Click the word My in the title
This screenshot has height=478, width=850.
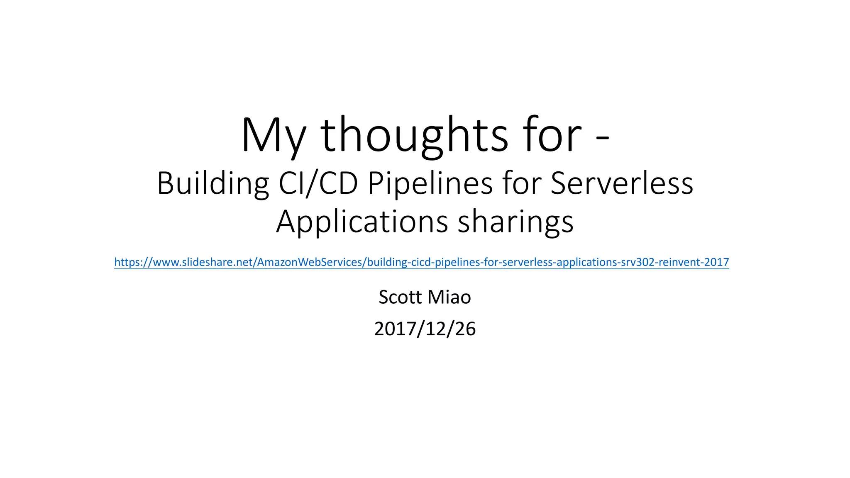point(273,136)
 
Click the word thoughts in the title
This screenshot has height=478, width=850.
point(414,136)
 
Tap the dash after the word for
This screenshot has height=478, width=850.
point(602,141)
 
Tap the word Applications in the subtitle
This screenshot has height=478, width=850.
point(362,222)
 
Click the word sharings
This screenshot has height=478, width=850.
point(515,222)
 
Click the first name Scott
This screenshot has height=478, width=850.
point(400,297)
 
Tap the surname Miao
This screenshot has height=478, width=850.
point(449,297)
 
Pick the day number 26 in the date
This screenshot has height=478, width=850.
point(465,329)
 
